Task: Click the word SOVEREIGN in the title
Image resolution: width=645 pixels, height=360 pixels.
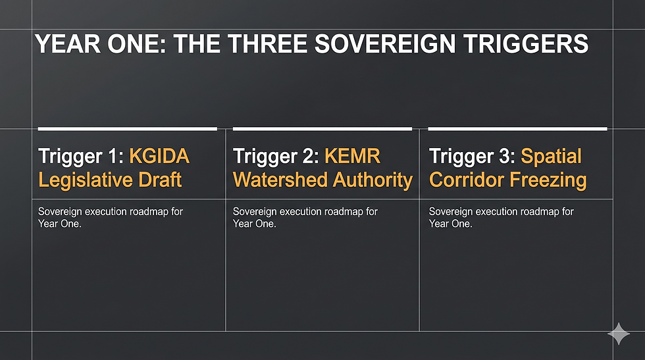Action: [384, 43]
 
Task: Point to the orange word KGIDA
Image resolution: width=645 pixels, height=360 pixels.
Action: [159, 157]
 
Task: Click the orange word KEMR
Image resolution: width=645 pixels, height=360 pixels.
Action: [353, 157]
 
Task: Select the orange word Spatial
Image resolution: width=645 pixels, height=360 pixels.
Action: [552, 157]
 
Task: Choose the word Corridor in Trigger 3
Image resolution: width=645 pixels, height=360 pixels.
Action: [467, 180]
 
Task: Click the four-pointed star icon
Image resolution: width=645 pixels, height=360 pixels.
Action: [619, 334]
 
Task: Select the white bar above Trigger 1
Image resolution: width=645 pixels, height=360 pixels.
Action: [128, 129]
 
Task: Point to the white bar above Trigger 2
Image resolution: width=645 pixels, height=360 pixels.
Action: [322, 129]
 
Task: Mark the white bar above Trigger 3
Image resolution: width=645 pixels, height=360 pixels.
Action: [517, 129]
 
